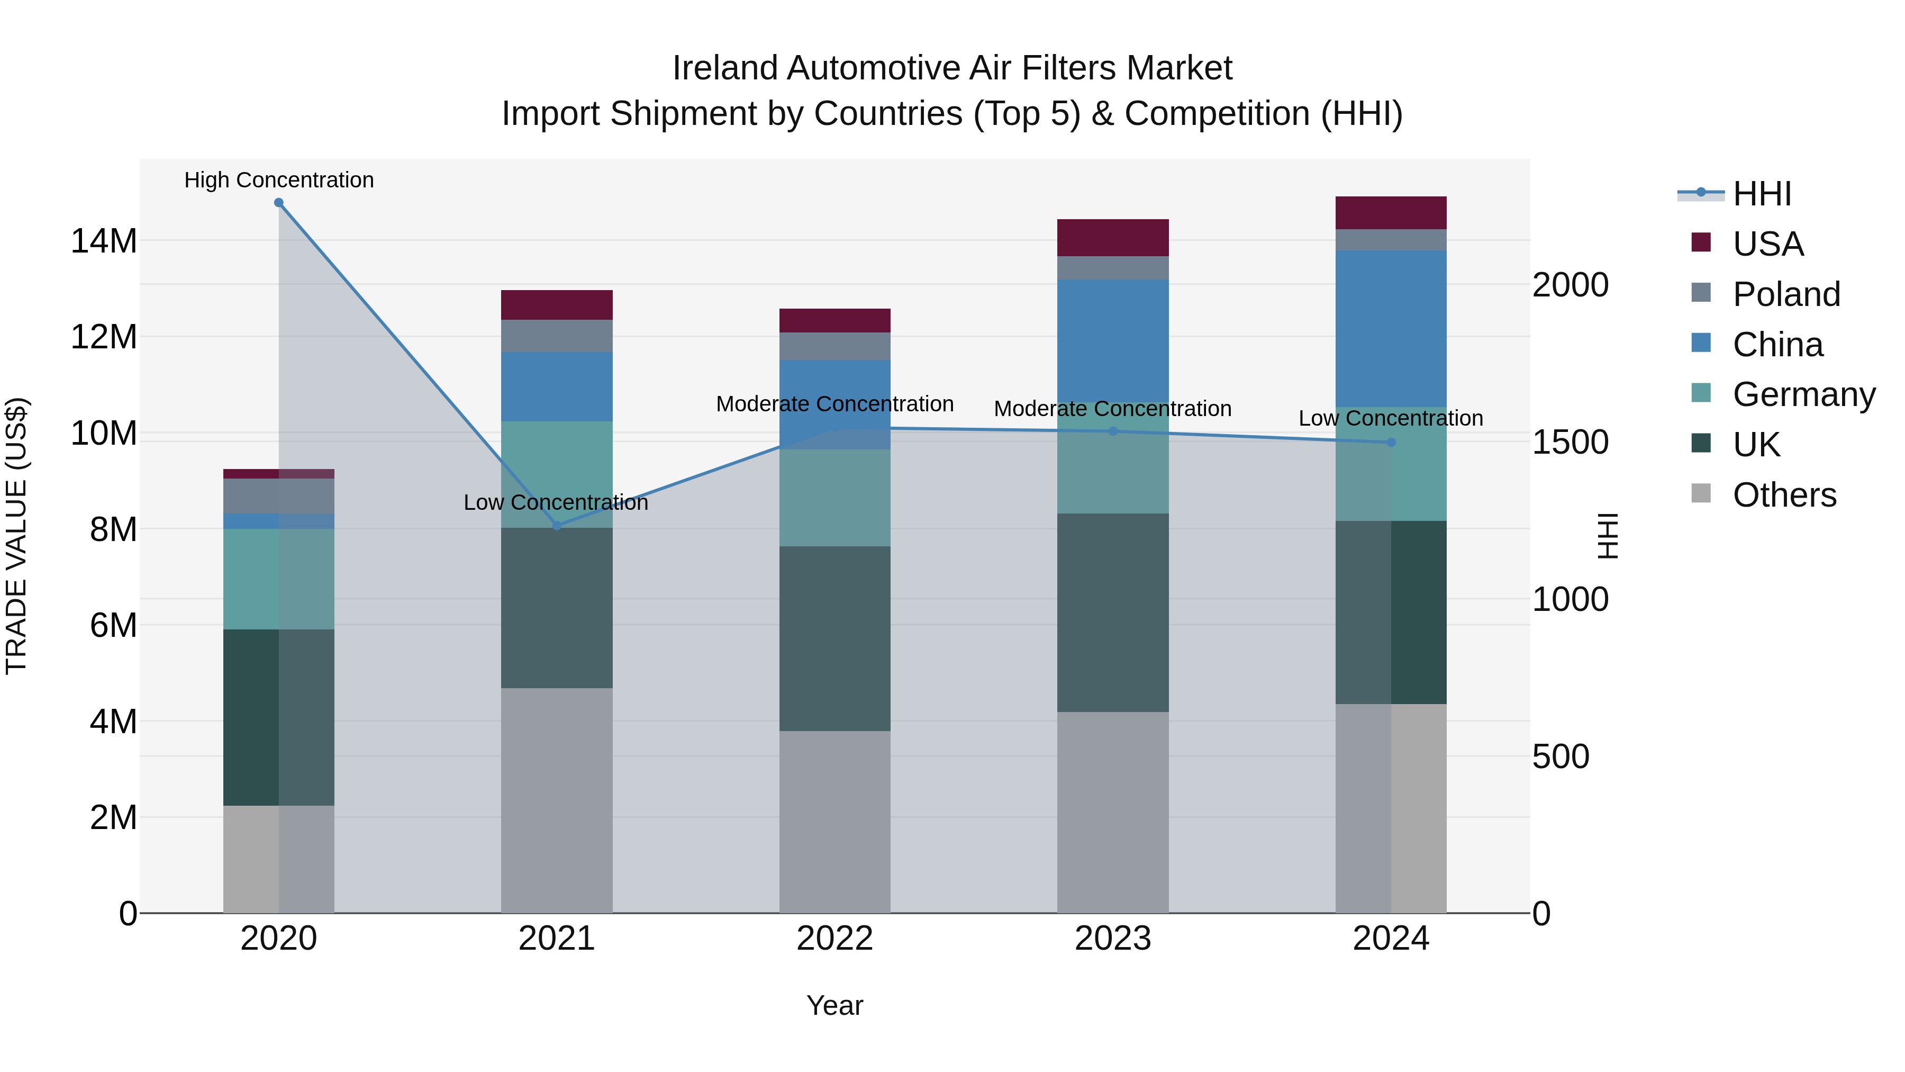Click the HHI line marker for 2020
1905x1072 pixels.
click(x=279, y=203)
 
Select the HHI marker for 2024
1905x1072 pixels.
click(x=1391, y=443)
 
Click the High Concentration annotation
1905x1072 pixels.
click(x=279, y=180)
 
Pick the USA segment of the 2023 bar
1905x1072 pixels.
click(x=1112, y=238)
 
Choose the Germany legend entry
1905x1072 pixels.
click(x=1804, y=394)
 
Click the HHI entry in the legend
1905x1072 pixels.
click(x=1762, y=194)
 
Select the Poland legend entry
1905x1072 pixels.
click(x=1786, y=294)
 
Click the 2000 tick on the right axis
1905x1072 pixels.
click(x=1570, y=285)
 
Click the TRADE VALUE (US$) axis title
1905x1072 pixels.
click(x=16, y=536)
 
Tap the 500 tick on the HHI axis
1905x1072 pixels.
click(x=1561, y=757)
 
